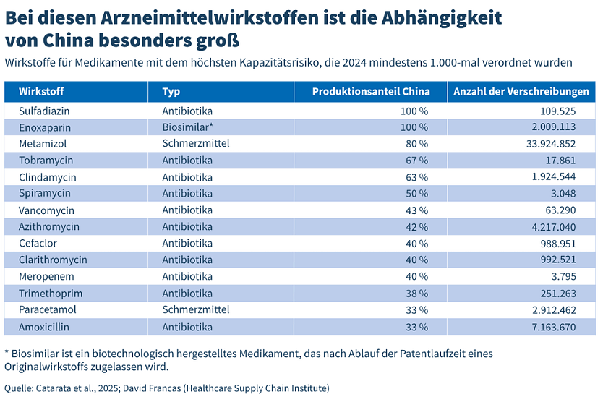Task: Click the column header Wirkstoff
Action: pos(41,92)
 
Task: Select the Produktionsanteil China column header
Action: pos(371,92)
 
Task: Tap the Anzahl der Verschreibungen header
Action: pos(521,92)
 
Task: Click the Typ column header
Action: pos(171,92)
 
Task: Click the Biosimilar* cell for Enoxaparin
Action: pos(187,127)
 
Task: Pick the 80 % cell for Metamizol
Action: pos(416,144)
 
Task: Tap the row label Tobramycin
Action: pos(46,160)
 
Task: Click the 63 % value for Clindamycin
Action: pos(416,177)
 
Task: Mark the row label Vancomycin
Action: pos(47,210)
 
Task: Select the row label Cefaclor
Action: pos(38,243)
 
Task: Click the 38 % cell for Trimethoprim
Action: pos(416,293)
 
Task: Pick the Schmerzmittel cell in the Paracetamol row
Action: pos(196,309)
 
